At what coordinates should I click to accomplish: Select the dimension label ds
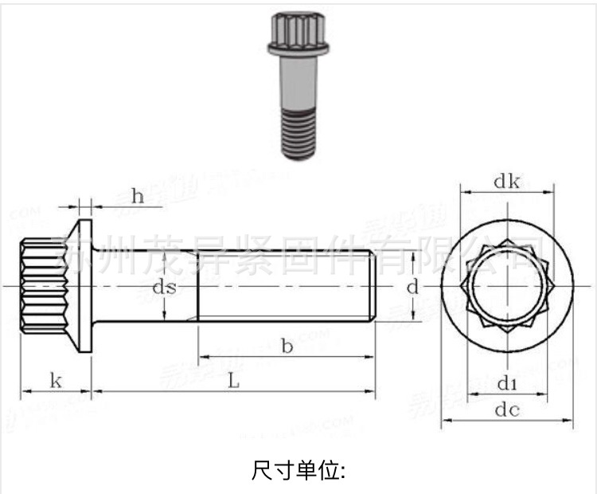[x=165, y=288]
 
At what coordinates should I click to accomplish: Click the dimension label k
[x=55, y=381]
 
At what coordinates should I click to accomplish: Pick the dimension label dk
[x=506, y=182]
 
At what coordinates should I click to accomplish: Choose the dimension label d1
[x=507, y=385]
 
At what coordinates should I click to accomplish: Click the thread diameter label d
[x=412, y=288]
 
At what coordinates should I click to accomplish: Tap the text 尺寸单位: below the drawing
[x=298, y=470]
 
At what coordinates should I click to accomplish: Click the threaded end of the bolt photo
[x=299, y=134]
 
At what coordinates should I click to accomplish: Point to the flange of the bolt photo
[x=296, y=53]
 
